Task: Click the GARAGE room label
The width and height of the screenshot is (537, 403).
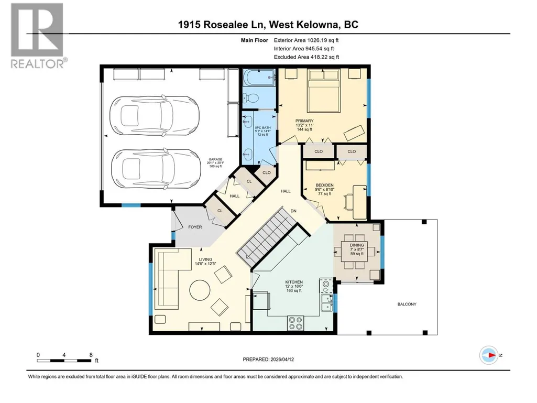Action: pos(215,159)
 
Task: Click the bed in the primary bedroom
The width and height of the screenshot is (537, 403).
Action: pos(324,90)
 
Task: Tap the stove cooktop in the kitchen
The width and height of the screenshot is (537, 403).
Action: pos(295,323)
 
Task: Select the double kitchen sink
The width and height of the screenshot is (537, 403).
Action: pos(327,303)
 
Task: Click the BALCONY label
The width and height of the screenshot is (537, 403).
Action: pos(407,304)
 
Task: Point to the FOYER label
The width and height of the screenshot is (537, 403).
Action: pos(195,227)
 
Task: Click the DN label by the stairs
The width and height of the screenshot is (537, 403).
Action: pos(293,211)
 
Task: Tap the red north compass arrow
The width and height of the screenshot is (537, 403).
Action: pos(492,355)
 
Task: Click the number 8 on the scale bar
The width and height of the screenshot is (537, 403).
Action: pos(91,355)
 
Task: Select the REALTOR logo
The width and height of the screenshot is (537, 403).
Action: pos(37,36)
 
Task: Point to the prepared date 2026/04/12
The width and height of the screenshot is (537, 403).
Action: pos(282,360)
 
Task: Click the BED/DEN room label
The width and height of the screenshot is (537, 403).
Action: pos(324,185)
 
